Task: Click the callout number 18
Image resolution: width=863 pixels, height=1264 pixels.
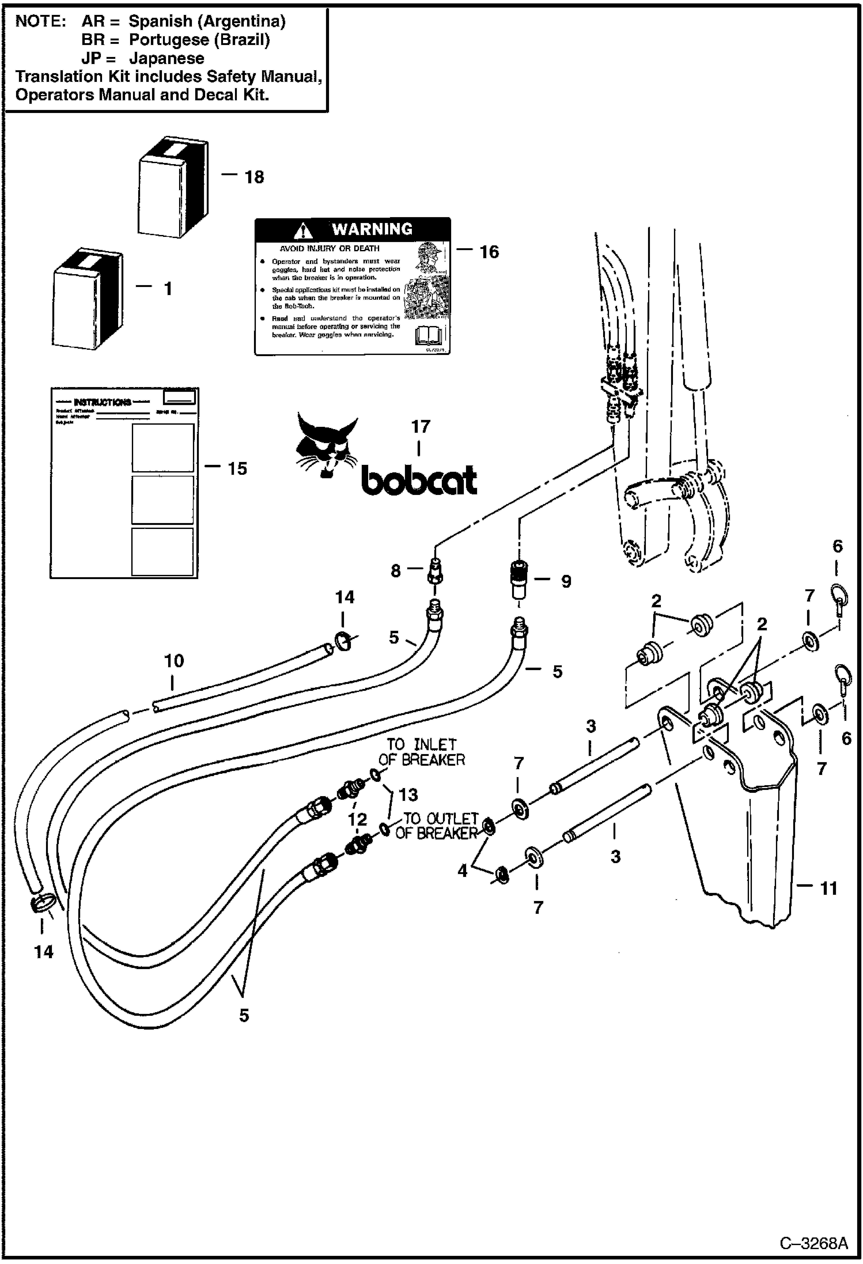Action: [254, 177]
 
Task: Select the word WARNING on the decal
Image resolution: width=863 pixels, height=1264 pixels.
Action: [372, 229]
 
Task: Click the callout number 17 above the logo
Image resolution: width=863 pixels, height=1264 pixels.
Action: [421, 427]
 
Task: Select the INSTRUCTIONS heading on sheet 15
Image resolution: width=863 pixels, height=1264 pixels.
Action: [102, 402]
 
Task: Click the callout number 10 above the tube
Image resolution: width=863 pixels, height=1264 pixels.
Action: [174, 661]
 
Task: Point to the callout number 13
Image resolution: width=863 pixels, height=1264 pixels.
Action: [408, 795]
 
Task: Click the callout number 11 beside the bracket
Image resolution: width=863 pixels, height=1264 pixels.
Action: [828, 888]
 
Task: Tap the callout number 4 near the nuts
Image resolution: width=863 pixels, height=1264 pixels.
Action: [463, 871]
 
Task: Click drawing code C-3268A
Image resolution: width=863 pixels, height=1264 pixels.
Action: [813, 1243]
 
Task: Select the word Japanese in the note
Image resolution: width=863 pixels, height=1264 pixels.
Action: [166, 58]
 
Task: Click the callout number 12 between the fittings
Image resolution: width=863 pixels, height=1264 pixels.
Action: [357, 819]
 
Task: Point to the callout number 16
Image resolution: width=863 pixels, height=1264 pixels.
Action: [489, 252]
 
